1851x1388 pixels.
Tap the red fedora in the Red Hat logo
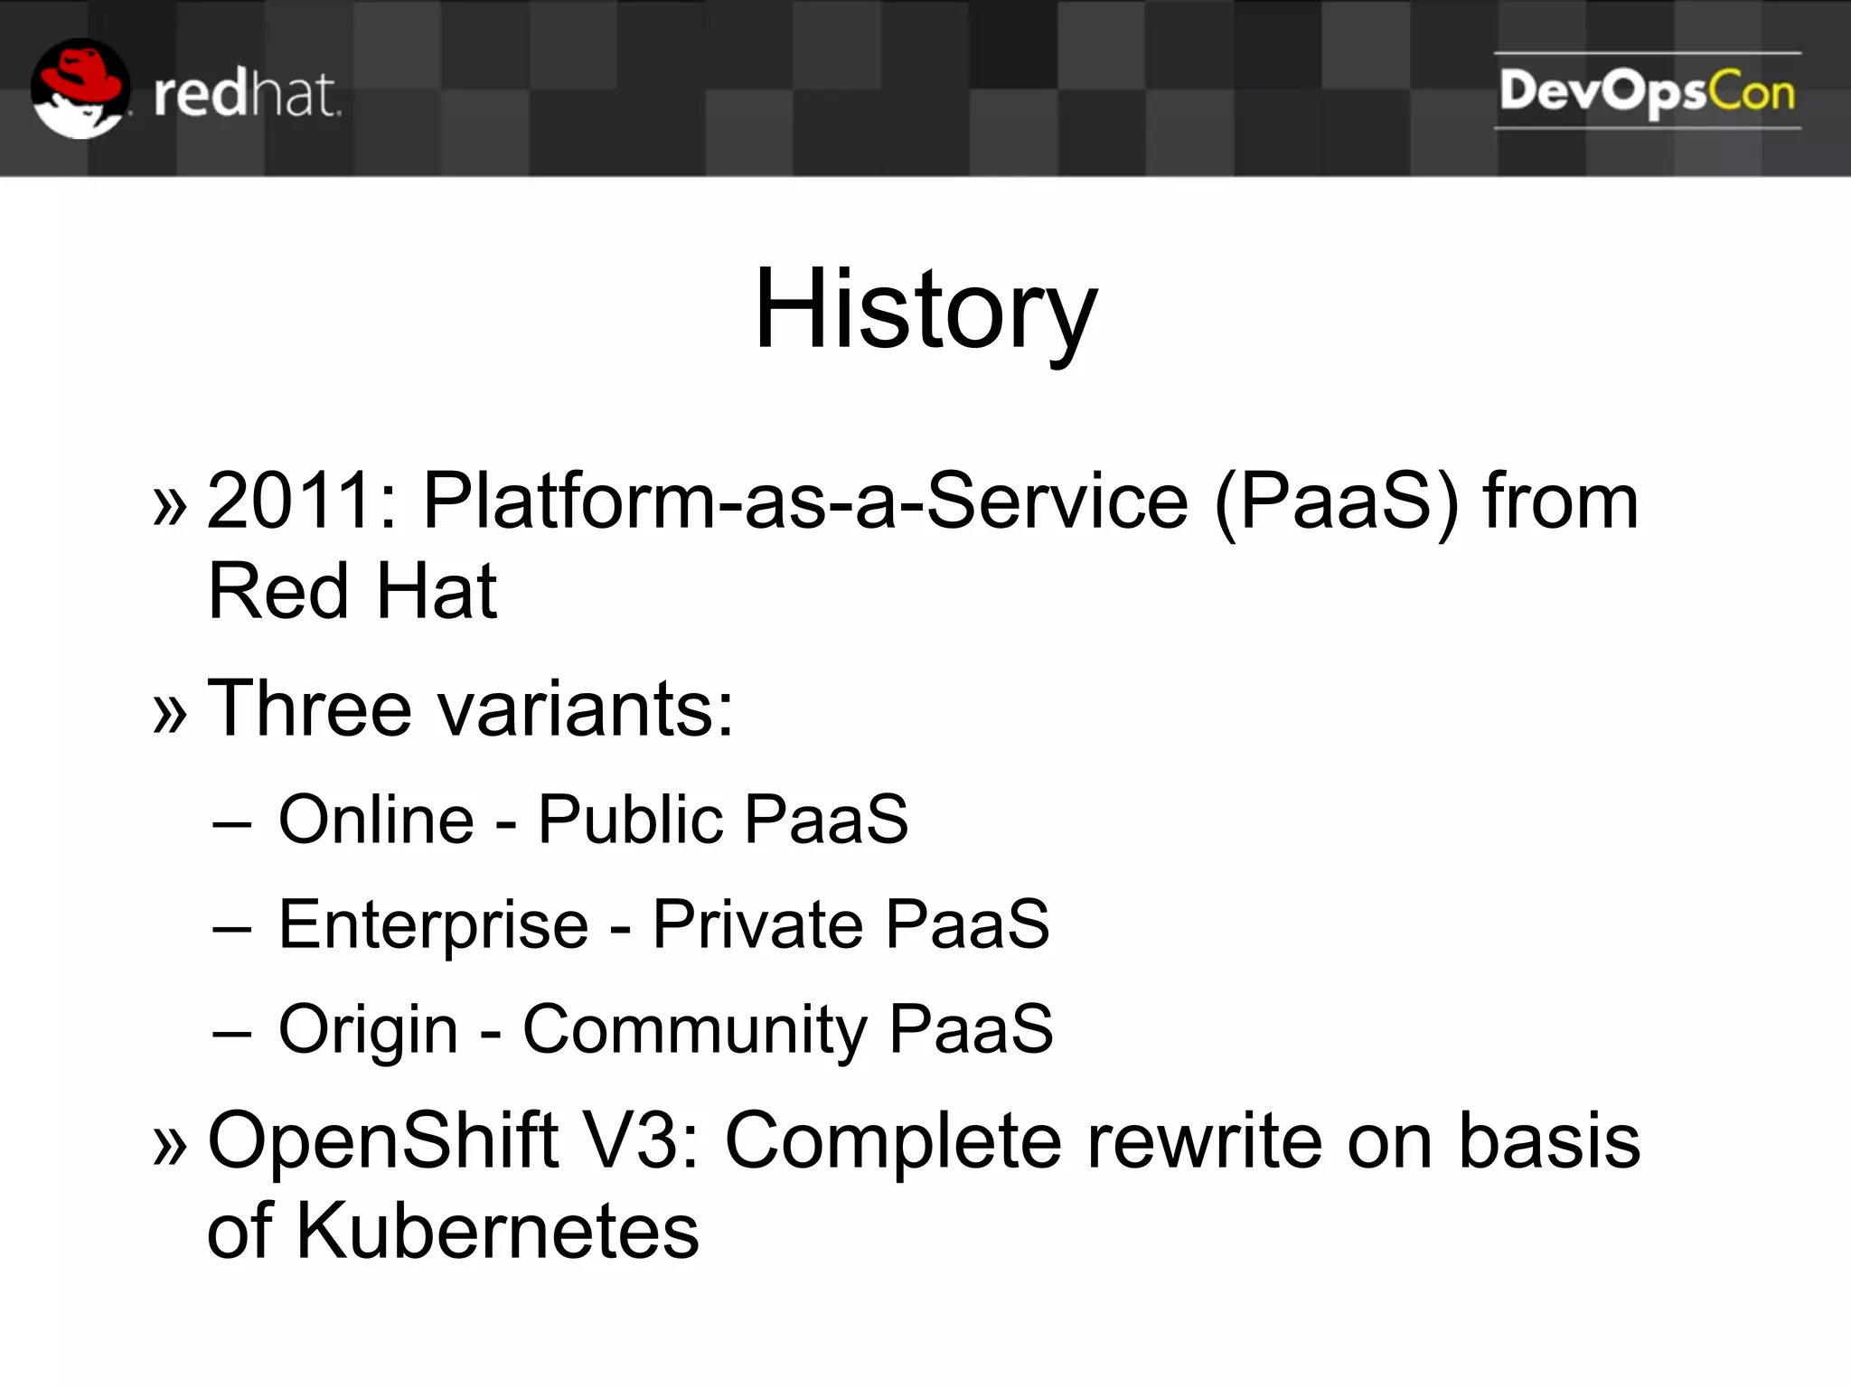(x=83, y=75)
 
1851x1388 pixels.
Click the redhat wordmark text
(x=247, y=95)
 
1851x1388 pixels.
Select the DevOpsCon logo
(x=1647, y=92)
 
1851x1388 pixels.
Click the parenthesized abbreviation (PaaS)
(x=1337, y=502)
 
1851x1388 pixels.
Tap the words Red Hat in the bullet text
(x=352, y=592)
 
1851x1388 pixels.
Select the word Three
(x=309, y=709)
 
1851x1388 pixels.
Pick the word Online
(x=376, y=820)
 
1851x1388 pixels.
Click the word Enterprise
(x=434, y=924)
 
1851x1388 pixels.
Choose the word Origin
(x=369, y=1029)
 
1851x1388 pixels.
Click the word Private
(x=757, y=924)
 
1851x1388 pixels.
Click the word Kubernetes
(x=497, y=1231)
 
